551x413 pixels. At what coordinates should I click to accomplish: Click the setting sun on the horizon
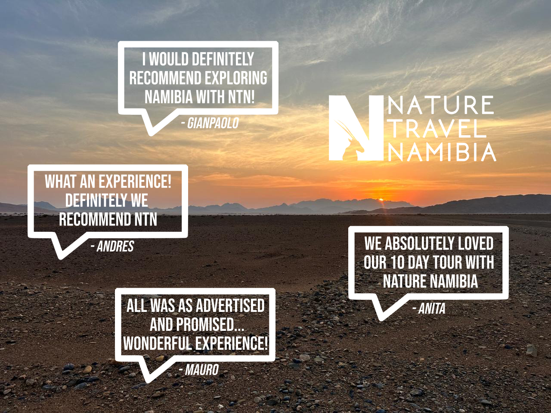380,199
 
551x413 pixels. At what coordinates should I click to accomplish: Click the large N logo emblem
356,128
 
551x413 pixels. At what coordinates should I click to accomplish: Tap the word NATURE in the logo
441,106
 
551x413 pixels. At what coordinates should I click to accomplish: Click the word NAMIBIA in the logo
442,152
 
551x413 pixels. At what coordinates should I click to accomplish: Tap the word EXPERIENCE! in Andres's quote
135,182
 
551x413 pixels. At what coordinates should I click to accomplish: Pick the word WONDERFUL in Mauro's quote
157,344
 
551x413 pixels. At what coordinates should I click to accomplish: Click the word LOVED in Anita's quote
475,243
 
